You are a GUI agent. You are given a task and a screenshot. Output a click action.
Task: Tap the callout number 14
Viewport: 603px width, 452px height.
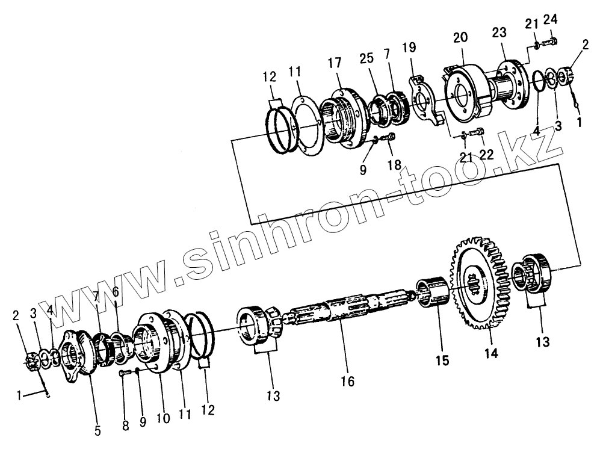click(492, 354)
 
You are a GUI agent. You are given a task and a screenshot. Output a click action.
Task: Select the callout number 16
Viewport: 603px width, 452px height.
click(347, 381)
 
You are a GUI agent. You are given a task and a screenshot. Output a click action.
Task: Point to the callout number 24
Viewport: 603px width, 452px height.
click(550, 19)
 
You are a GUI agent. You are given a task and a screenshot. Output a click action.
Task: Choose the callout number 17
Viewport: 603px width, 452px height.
click(335, 63)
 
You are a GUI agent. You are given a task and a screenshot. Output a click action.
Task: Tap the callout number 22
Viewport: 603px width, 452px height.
click(486, 155)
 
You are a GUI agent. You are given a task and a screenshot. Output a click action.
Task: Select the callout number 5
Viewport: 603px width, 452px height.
click(97, 431)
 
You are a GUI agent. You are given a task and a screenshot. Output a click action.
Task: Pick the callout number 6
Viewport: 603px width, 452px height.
click(116, 291)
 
